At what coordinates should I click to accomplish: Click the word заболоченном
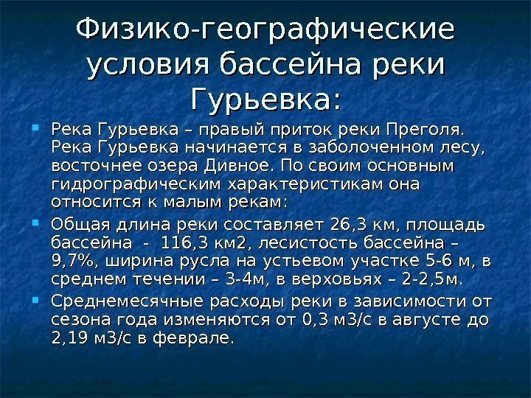pos(343,149)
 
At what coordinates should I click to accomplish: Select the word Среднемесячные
pos(133,302)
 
